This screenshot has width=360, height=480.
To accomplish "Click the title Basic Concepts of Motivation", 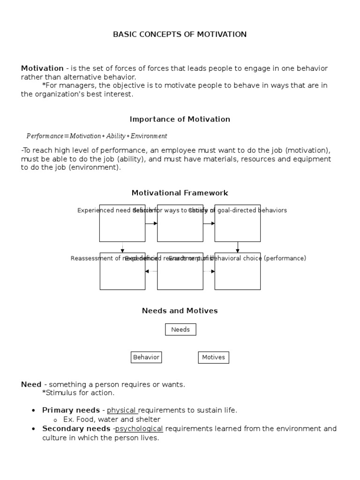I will (180, 34).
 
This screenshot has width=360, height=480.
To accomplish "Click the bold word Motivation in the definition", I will (42, 68).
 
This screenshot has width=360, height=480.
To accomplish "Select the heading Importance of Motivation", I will (180, 119).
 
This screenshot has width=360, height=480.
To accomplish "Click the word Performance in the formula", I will (45, 136).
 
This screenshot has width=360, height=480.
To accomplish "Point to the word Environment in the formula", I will (149, 136).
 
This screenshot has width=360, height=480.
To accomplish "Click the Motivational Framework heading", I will (180, 193).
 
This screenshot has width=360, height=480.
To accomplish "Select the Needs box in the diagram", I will (180, 330).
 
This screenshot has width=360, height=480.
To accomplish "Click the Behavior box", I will (146, 357).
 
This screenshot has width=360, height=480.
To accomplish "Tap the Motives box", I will (213, 357).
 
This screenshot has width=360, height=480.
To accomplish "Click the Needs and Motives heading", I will (180, 311).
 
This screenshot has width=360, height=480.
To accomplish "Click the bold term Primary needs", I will (71, 410).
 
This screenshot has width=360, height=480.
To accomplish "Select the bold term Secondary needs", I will (76, 428).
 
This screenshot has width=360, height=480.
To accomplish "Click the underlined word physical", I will (121, 410).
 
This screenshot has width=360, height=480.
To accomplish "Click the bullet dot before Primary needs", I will (33, 411).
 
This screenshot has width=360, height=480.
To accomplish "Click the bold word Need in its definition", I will (31, 384).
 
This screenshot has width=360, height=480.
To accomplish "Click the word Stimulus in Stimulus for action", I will (59, 393).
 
